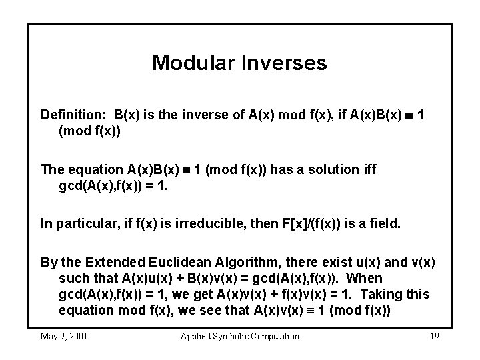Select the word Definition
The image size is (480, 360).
[x=73, y=115]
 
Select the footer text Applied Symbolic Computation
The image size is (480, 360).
[x=240, y=336]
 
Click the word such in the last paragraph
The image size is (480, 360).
[x=73, y=277]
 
